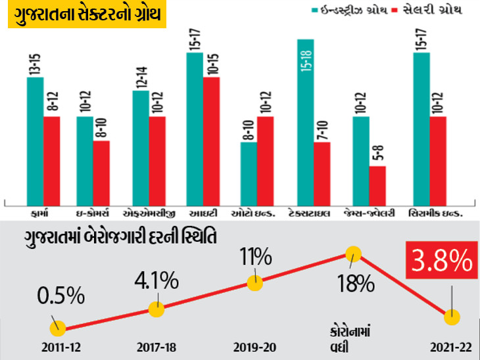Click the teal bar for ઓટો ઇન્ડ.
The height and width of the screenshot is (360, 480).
pos(248,171)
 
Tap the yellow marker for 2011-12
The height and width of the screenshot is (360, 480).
pos(58,327)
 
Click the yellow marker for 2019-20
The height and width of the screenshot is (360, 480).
pos(254,283)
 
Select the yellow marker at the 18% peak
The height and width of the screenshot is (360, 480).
pos(354,254)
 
